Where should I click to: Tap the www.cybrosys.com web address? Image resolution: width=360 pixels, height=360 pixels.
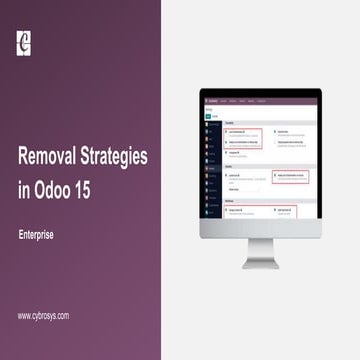click(x=44, y=316)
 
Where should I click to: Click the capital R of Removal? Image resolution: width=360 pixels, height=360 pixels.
click(x=24, y=157)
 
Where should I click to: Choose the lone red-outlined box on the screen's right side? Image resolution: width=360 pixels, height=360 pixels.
click(x=290, y=176)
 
